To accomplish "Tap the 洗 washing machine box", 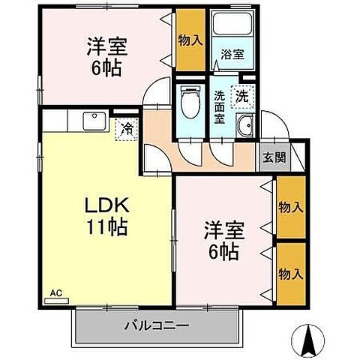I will (242, 95).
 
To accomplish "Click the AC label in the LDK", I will (55, 292).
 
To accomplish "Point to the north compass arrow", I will (307, 338).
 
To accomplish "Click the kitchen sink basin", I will (94, 118).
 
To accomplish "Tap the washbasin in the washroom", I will (244, 127).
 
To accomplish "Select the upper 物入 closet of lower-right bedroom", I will (289, 205).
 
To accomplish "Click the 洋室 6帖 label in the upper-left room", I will (106, 55).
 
